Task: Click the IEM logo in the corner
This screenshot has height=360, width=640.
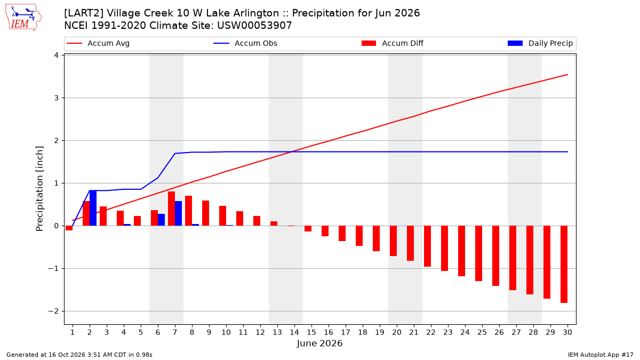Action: pyautogui.click(x=23, y=18)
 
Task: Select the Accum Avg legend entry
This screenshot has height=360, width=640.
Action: pyautogui.click(x=98, y=43)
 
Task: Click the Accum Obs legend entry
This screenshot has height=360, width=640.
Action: pyautogui.click(x=245, y=43)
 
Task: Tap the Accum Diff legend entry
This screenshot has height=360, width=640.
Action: pyautogui.click(x=393, y=43)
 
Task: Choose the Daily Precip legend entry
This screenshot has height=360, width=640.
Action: pyautogui.click(x=540, y=43)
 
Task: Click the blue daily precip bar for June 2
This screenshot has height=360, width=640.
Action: pyautogui.click(x=93, y=208)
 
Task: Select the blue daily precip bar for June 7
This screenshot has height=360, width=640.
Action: pyautogui.click(x=178, y=213)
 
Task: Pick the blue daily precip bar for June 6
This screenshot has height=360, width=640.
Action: pyautogui.click(x=161, y=220)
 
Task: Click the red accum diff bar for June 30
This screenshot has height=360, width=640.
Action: pyautogui.click(x=564, y=265)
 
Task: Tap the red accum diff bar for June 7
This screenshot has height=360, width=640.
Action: pyautogui.click(x=171, y=209)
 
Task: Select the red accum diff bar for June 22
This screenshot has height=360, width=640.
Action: pyautogui.click(x=427, y=246)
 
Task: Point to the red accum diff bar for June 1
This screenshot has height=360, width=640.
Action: pyautogui.click(x=69, y=228)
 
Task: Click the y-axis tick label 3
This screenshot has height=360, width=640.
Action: pyautogui.click(x=56, y=98)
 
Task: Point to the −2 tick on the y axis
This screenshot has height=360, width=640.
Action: pyautogui.click(x=53, y=311)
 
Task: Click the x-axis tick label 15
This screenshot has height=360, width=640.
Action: pyautogui.click(x=311, y=332)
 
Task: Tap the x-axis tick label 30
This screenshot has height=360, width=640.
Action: pyautogui.click(x=567, y=332)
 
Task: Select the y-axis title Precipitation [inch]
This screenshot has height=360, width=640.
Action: pyautogui.click(x=39, y=189)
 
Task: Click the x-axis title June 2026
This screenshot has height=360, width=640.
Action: pyautogui.click(x=319, y=343)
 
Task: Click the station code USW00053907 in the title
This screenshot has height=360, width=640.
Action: pyautogui.click(x=254, y=26)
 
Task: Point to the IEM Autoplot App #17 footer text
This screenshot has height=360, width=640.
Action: pyautogui.click(x=601, y=355)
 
